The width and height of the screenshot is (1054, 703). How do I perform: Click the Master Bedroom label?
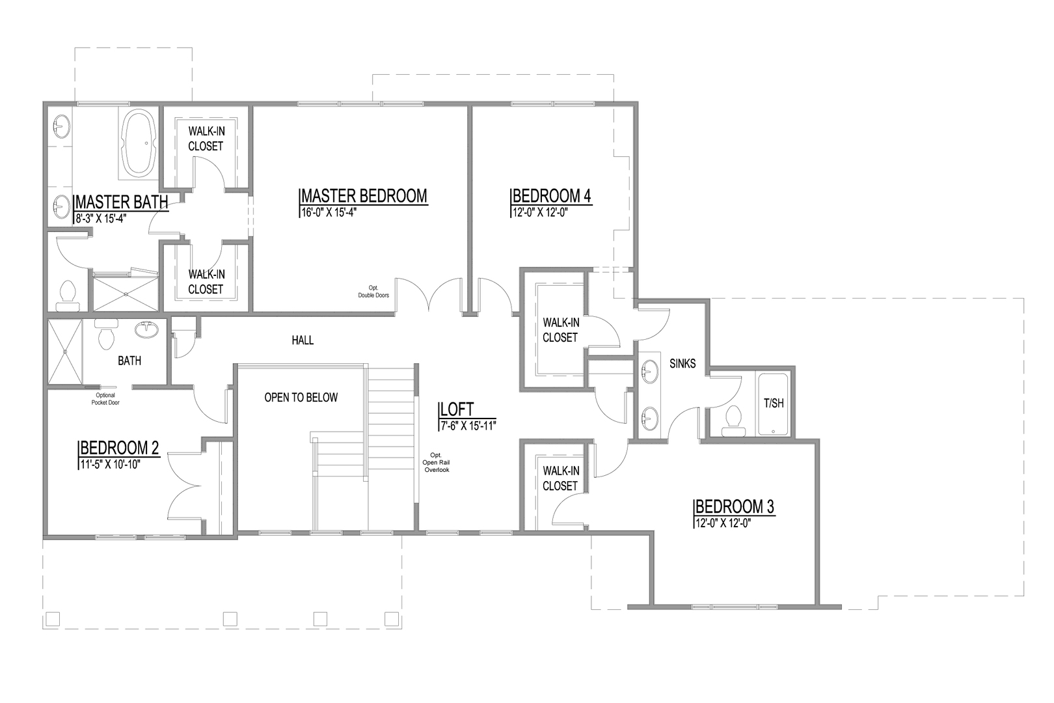(x=364, y=195)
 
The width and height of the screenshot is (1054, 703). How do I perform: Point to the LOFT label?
(x=457, y=409)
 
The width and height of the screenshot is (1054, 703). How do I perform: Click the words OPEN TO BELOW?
(x=301, y=397)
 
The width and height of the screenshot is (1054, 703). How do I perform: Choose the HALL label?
(x=303, y=340)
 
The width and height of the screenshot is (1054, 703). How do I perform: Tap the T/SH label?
(x=773, y=403)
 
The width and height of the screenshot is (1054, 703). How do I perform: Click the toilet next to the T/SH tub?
(x=734, y=420)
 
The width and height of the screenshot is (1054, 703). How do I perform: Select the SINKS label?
(x=682, y=364)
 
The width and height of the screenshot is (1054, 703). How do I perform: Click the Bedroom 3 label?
(x=735, y=506)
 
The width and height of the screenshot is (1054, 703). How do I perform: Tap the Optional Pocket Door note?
(x=105, y=398)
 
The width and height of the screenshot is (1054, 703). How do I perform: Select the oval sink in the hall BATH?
(x=146, y=329)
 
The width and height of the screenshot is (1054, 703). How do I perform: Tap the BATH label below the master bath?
(x=129, y=361)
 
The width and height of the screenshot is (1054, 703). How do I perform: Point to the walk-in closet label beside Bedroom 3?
(x=560, y=478)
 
